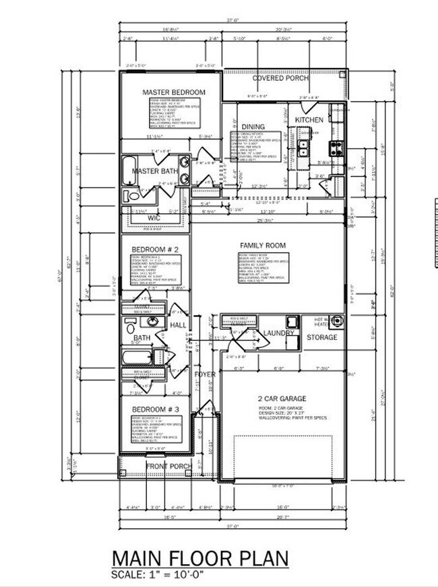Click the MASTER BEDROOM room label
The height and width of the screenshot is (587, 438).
[173, 92]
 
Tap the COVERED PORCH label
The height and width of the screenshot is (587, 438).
[281, 78]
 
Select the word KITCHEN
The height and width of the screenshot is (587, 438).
[309, 120]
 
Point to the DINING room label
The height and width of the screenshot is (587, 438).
[253, 127]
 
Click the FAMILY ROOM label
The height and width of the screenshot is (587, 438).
[263, 246]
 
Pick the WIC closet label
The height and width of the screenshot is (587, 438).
[154, 218]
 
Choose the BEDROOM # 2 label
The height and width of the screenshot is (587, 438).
[154, 249]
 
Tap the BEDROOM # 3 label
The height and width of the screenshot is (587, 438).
[155, 409]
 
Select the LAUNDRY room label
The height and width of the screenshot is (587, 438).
[279, 333]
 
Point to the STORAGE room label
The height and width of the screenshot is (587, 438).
[322, 337]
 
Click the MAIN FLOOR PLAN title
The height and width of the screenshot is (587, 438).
[200, 559]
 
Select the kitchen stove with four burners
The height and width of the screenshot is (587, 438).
[336, 147]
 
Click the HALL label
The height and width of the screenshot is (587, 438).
[178, 325]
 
